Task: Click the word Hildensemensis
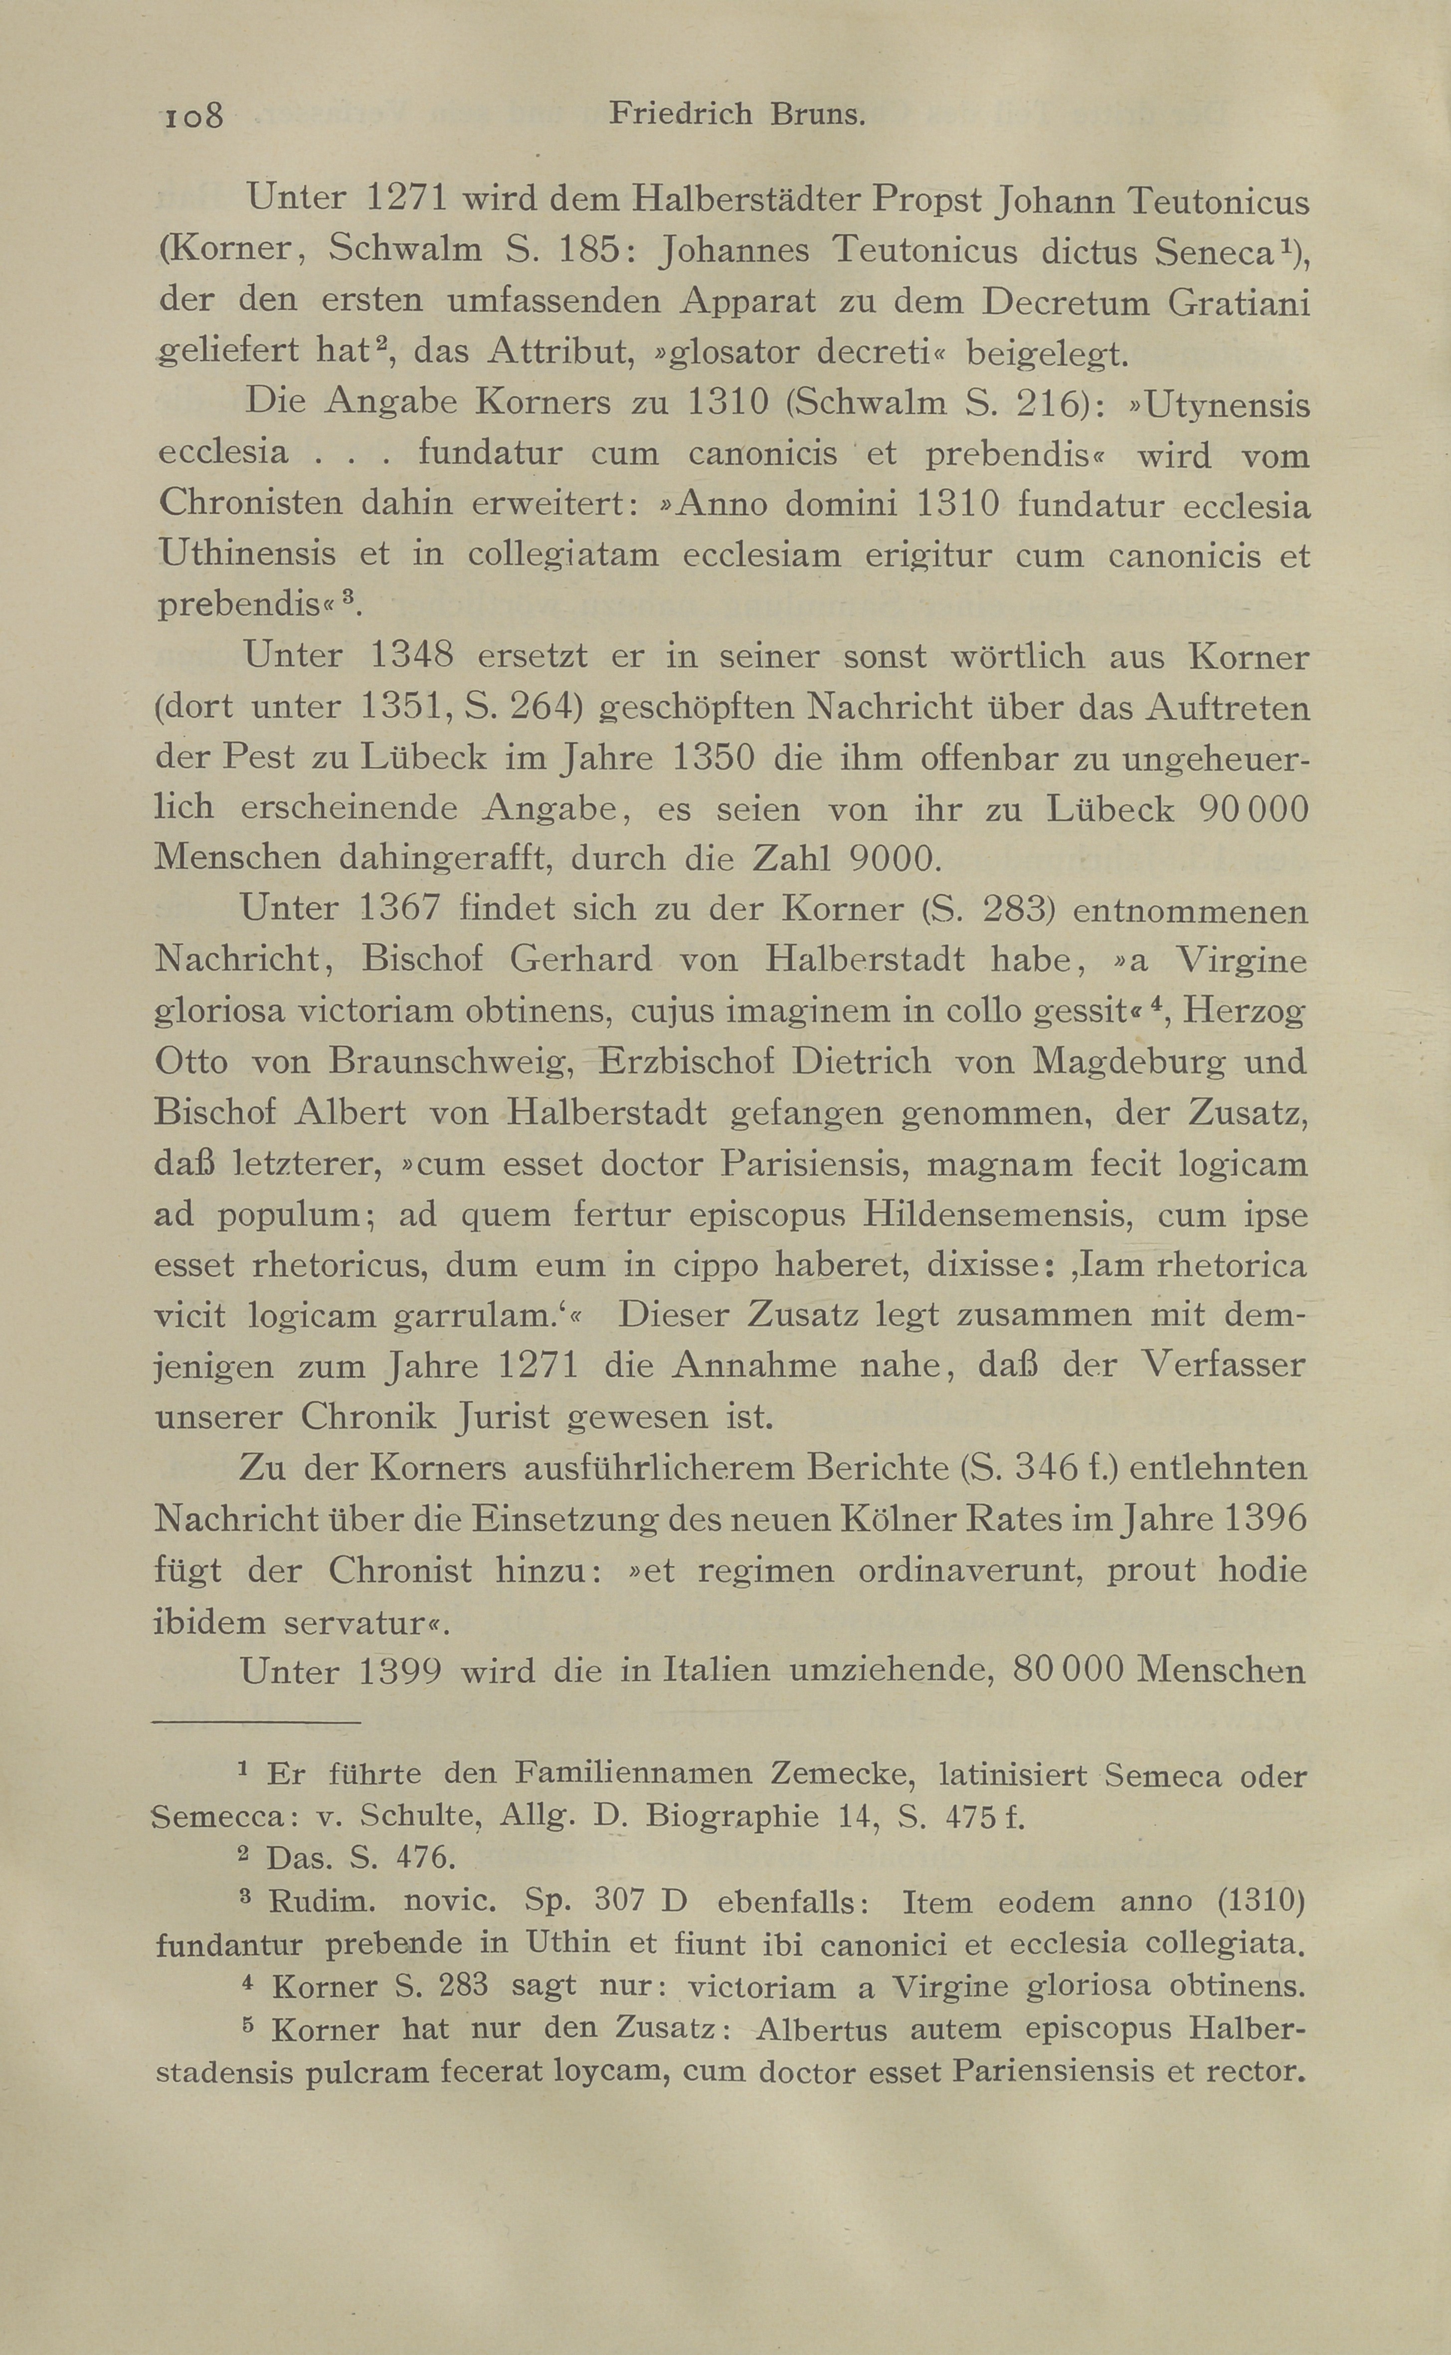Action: point(999,1215)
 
